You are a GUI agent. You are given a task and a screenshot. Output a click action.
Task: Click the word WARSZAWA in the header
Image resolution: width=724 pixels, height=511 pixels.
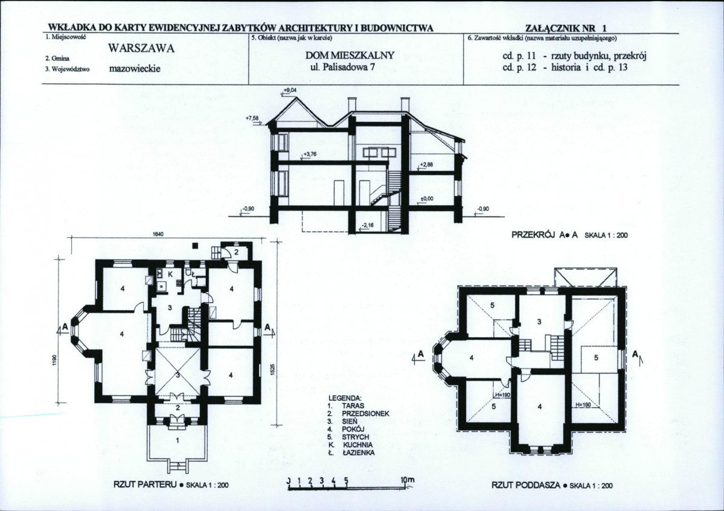pos(141,49)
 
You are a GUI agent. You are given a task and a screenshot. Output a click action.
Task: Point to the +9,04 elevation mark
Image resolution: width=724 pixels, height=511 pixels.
pos(289,90)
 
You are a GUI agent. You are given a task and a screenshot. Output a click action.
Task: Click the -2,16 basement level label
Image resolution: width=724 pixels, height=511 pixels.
pos(368,225)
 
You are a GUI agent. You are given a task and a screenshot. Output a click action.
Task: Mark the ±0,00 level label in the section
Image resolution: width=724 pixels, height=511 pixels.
pos(427,198)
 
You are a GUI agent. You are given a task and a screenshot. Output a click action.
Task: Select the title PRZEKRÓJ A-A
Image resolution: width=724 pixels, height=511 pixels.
pos(545,235)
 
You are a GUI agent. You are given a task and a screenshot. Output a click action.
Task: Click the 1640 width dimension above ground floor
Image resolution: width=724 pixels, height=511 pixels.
pos(157,234)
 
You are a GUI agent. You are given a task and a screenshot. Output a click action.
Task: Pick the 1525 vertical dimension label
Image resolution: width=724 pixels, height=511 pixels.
pos(272,369)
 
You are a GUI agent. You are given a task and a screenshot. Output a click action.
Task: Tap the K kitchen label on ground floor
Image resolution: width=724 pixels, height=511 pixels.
pos(170,274)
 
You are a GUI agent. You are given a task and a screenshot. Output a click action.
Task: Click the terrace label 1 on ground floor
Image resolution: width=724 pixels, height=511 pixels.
pos(178,441)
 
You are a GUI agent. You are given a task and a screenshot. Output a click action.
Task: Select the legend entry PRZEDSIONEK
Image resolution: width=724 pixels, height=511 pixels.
pos(366,414)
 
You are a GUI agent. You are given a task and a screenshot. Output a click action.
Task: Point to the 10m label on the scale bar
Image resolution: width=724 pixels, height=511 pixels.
pos(408,480)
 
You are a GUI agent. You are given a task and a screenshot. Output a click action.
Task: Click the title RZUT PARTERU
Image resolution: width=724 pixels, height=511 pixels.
pos(146,484)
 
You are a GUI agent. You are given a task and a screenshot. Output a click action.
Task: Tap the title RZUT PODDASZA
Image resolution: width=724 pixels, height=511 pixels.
pos(526,485)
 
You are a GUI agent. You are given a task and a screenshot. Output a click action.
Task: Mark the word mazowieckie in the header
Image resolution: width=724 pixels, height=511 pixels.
pos(135,69)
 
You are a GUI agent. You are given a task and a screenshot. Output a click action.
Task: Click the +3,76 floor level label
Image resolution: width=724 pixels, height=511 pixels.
pos(309,154)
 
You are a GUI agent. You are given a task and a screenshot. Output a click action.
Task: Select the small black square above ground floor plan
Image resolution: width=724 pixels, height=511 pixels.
pos(195,246)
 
